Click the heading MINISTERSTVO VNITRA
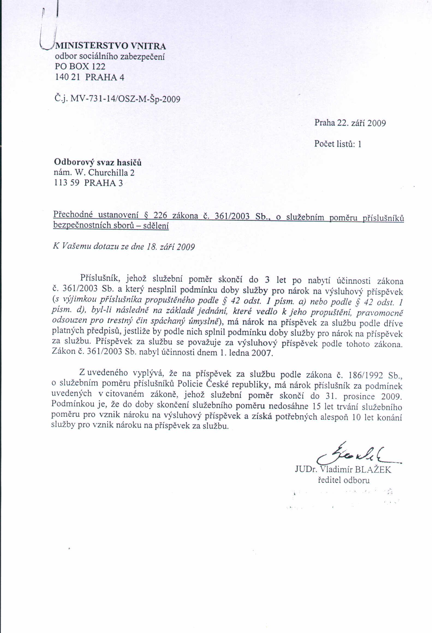click(110, 46)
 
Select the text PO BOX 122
click(80, 67)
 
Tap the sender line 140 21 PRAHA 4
click(90, 77)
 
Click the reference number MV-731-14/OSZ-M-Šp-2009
click(125, 98)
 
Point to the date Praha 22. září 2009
click(350, 123)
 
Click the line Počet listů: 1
click(338, 144)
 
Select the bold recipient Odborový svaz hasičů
click(98, 162)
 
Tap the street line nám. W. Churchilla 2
click(94, 173)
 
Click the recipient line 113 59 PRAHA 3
click(88, 183)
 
